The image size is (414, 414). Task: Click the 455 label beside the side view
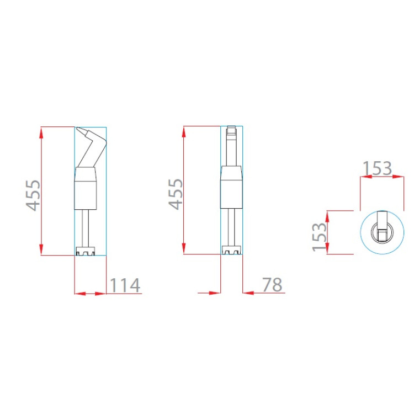[33, 195]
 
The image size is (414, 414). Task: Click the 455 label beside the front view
[176, 194]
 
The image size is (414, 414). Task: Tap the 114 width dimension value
[125, 285]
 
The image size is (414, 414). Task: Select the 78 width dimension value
[272, 285]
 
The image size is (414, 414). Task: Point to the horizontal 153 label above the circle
[377, 168]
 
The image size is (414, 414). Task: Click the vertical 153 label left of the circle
[319, 237]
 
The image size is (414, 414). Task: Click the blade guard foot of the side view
[85, 251]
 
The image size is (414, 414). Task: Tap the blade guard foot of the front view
[231, 250]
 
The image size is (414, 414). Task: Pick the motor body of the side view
[85, 189]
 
